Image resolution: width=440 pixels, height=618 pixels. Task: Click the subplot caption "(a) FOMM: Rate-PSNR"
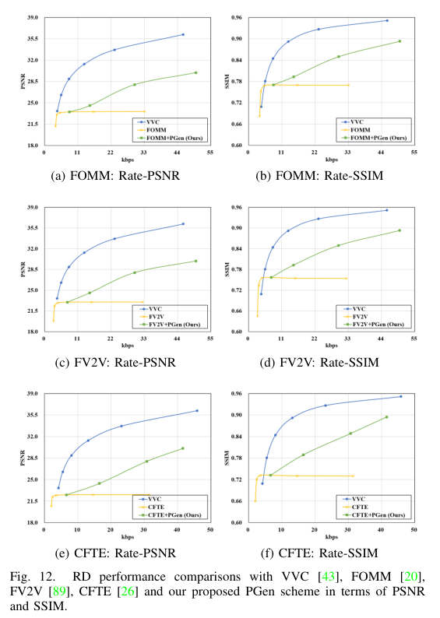(x=115, y=176)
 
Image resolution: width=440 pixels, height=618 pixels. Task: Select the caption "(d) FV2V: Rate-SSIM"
(x=319, y=363)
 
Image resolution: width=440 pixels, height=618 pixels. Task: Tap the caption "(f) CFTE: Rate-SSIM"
(x=319, y=553)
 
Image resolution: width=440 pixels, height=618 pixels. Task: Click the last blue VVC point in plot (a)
(x=183, y=34)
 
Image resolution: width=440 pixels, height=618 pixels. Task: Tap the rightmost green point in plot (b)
(x=400, y=41)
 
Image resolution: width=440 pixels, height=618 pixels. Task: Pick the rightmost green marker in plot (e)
(x=182, y=448)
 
